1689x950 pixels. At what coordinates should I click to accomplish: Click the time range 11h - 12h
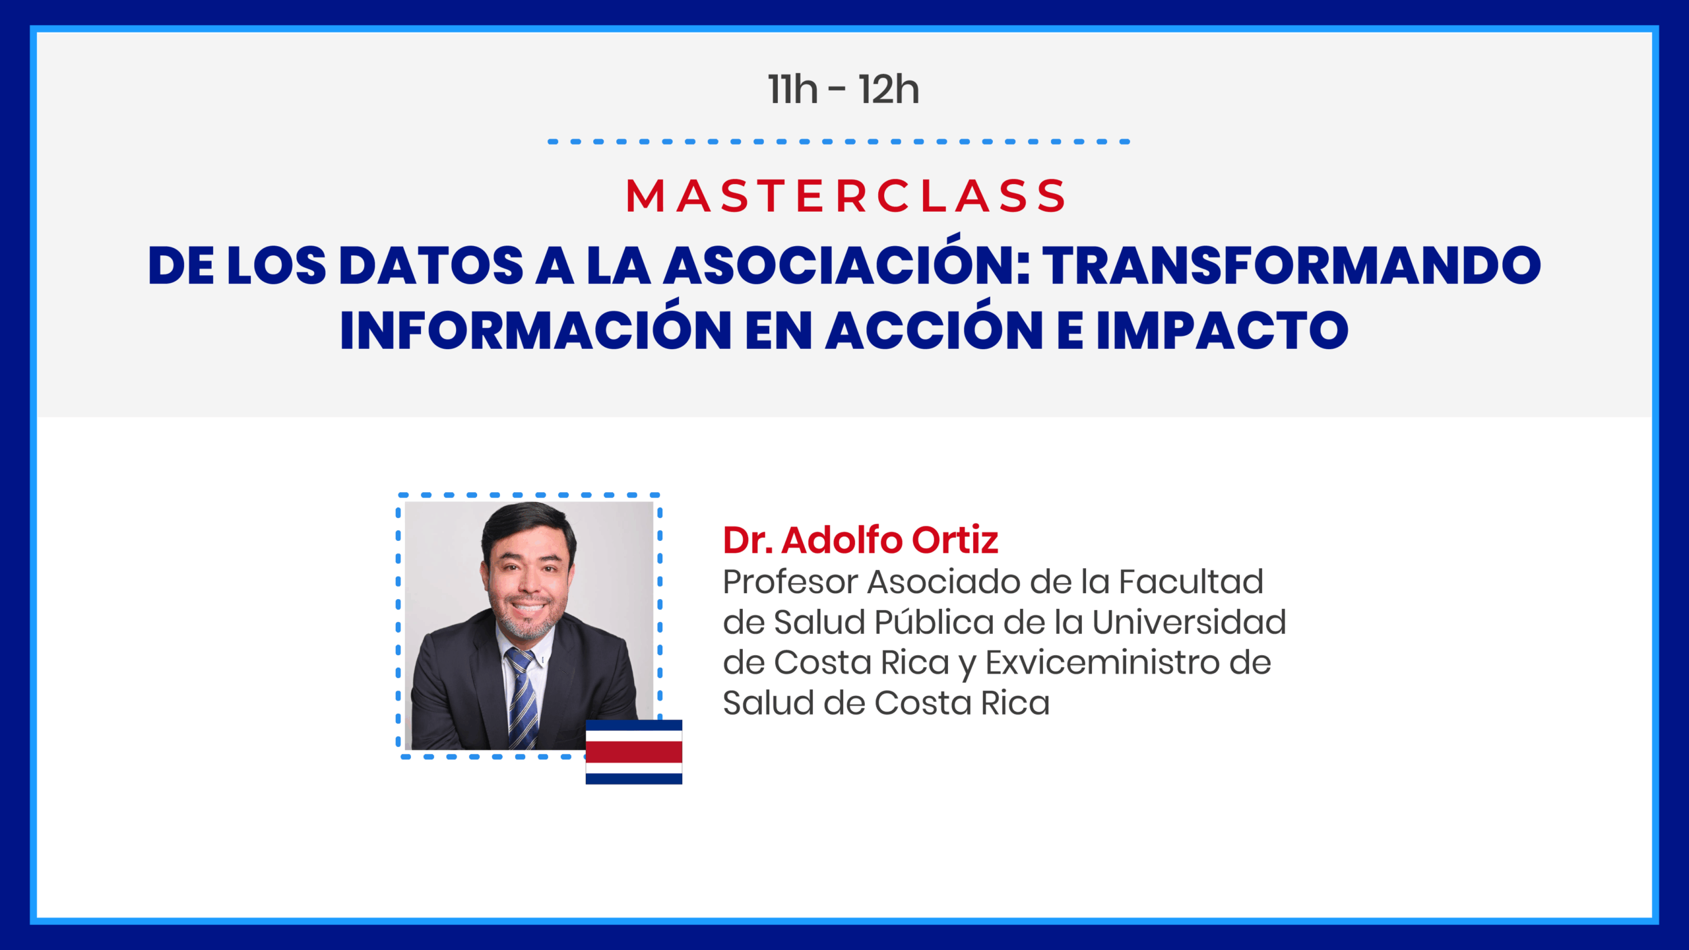point(843,90)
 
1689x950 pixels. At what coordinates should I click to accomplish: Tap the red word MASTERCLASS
point(845,196)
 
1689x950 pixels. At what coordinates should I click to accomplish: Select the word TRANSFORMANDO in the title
point(1291,266)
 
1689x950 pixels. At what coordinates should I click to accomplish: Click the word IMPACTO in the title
point(1223,330)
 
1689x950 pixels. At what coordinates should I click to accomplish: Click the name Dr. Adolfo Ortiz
point(860,540)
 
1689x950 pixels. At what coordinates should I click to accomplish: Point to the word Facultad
point(1191,582)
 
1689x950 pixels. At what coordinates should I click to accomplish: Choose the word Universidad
point(1189,622)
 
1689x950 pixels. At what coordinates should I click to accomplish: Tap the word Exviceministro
point(1102,662)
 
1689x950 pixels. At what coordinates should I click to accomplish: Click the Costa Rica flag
point(634,752)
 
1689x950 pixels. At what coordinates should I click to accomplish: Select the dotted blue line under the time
point(839,142)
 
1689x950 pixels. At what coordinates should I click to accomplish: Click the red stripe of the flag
point(634,752)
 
